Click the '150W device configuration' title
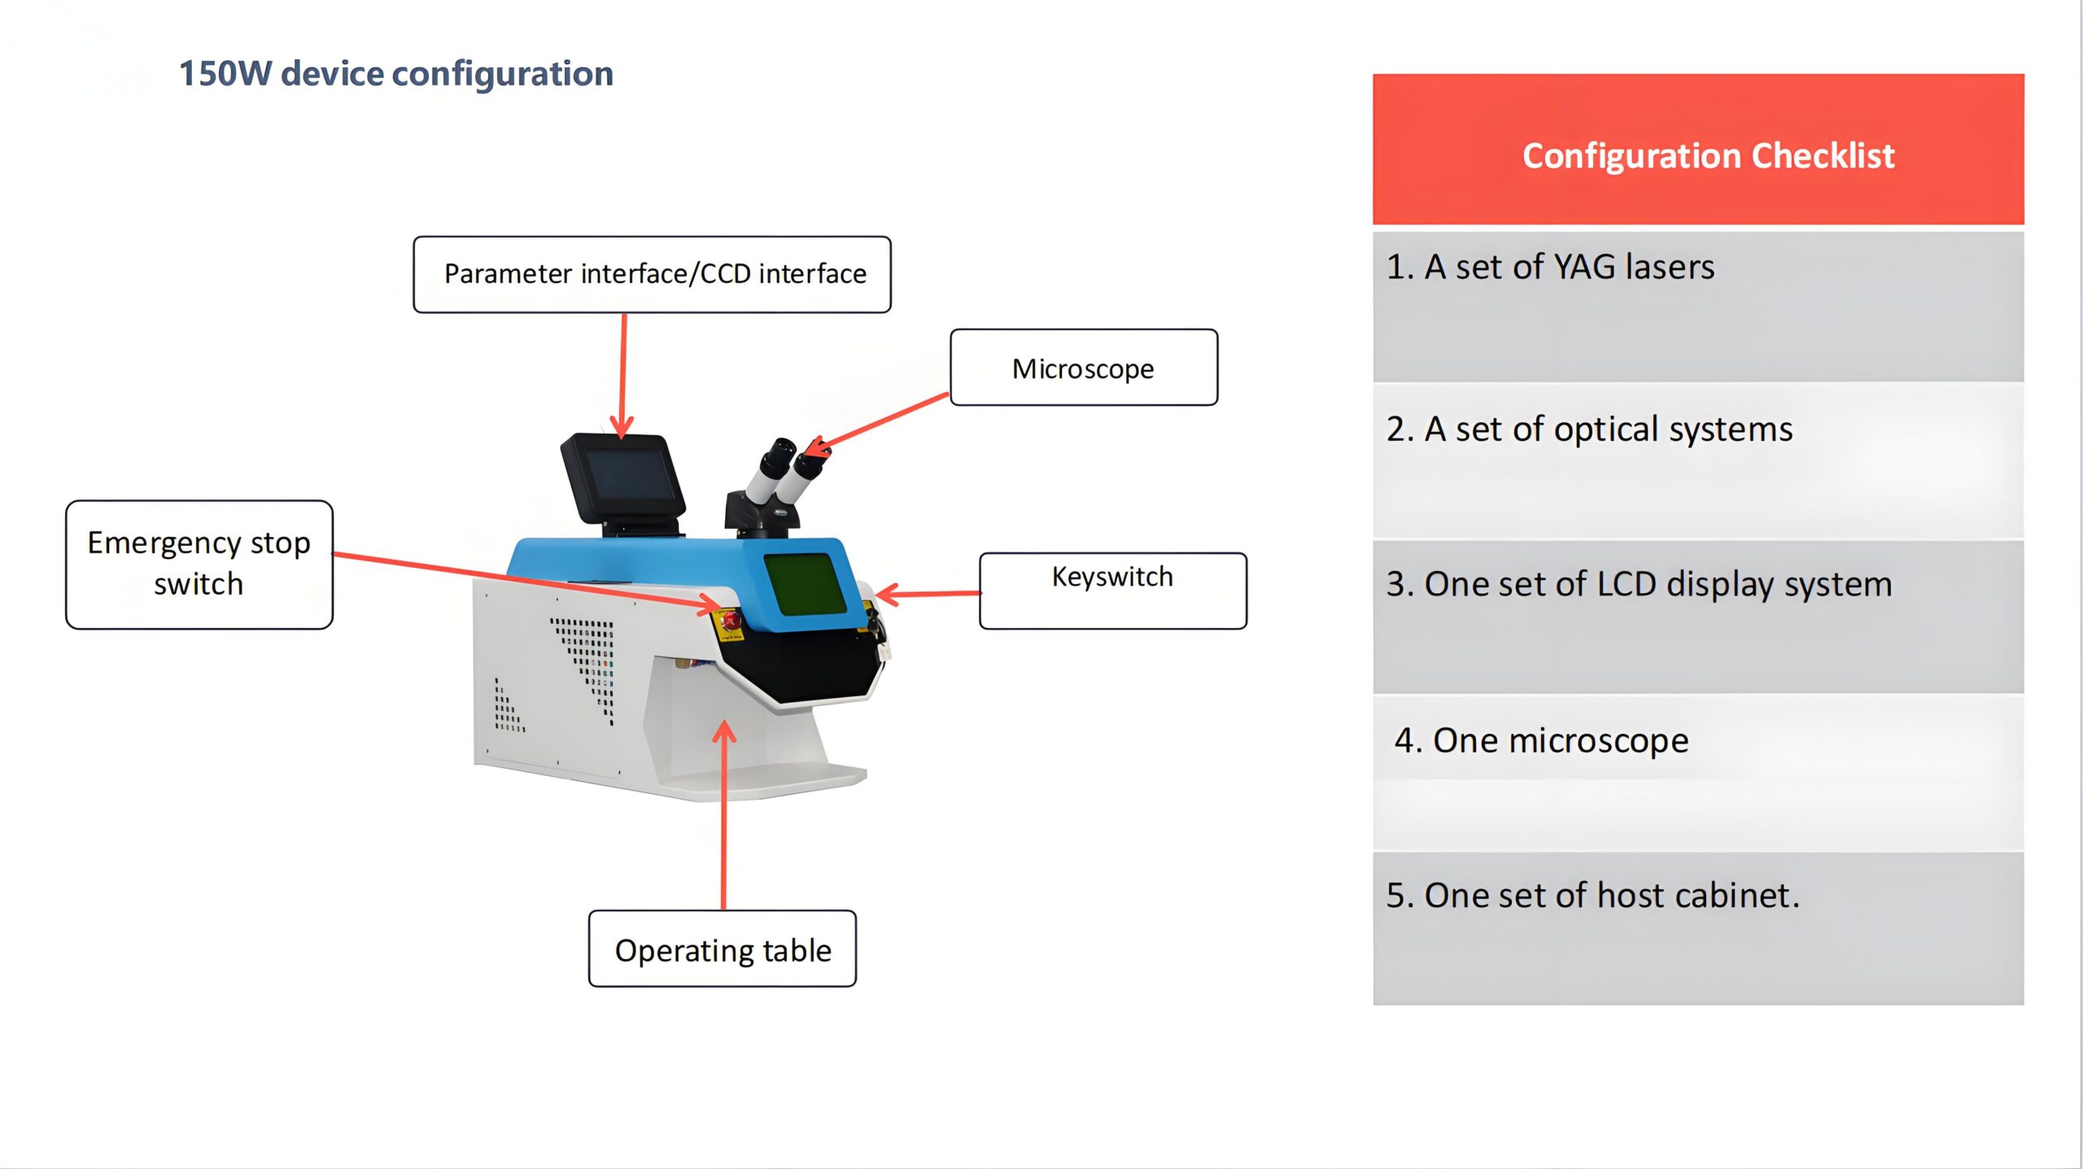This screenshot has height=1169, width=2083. (395, 74)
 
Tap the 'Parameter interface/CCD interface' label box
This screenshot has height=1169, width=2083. (652, 275)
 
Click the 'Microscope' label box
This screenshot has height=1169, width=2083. (1083, 369)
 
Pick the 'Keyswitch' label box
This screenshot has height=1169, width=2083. (1112, 591)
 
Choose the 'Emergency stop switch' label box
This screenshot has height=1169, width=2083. (199, 564)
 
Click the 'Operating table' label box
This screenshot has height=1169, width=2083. (722, 949)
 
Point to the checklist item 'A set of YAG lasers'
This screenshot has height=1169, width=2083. (1550, 268)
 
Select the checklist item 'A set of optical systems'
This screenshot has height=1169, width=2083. (1589, 430)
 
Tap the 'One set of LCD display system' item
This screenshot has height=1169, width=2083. (1639, 585)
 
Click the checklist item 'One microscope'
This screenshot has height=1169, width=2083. (1541, 741)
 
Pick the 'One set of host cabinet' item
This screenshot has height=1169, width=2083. (1592, 896)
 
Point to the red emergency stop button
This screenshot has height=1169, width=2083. (729, 622)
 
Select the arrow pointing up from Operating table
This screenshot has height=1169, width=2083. (723, 814)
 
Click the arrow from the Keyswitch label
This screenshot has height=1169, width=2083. (928, 594)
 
